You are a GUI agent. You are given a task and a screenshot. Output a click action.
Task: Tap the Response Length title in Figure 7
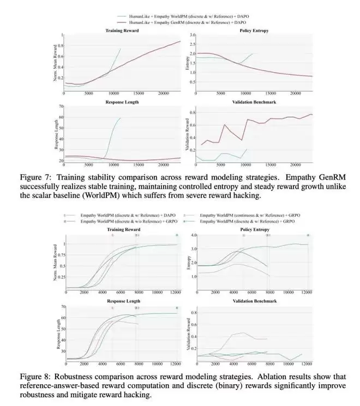pos(122,101)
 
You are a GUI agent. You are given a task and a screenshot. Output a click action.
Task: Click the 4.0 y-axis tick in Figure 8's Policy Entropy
pos(193,235)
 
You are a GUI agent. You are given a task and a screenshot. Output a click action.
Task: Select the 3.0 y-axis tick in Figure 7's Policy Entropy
pos(193,35)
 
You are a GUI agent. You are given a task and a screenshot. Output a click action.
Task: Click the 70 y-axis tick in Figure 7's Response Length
pos(61,106)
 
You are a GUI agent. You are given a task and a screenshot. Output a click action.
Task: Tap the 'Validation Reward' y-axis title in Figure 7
pos(188,138)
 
